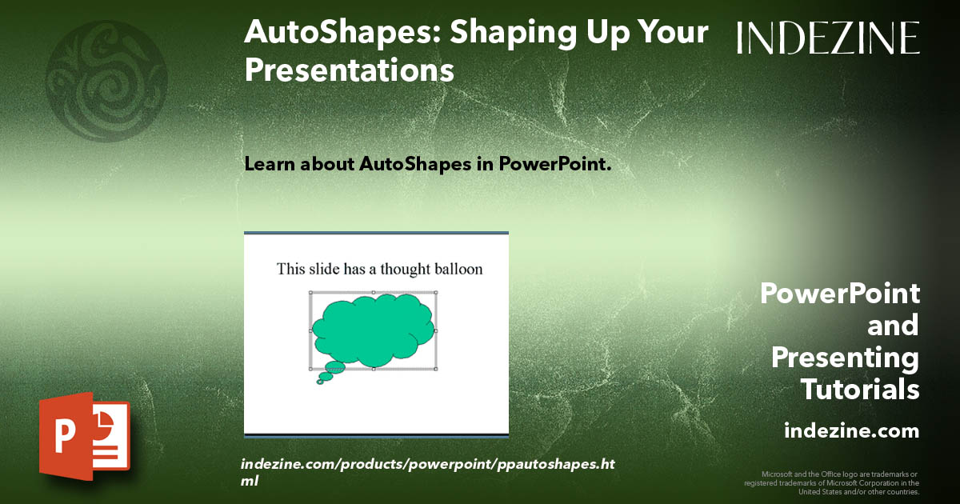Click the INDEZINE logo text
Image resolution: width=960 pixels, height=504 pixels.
coord(828,38)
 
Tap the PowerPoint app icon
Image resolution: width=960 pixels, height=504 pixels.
coord(85,436)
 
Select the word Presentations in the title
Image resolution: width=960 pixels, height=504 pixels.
coord(350,70)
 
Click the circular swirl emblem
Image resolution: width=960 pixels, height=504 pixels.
coord(106,81)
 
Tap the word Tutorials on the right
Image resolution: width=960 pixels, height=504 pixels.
coord(860,390)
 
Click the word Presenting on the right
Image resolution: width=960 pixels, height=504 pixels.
coord(845,358)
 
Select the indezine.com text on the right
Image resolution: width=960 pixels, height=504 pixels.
coord(851,431)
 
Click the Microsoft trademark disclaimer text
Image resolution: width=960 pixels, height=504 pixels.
coord(832,483)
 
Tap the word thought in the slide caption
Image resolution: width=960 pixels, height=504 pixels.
coord(405,269)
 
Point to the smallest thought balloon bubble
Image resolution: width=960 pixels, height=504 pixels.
coord(320,382)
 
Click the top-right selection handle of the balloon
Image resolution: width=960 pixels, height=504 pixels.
coord(436,293)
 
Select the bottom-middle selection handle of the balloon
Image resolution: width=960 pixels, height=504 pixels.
coord(373,369)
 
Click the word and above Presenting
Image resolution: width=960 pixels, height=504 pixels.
coord(893,326)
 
